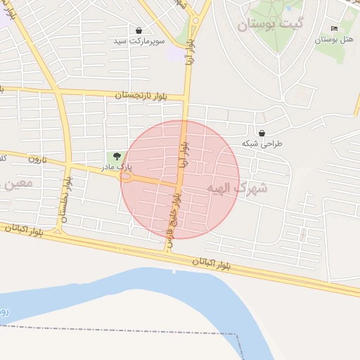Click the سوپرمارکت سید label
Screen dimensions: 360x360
(x=139, y=41)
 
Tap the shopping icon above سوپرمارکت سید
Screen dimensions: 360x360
(x=139, y=31)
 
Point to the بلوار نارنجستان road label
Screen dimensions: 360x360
(x=141, y=94)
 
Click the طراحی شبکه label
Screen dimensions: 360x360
(x=262, y=143)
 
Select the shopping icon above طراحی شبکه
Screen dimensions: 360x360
(x=262, y=132)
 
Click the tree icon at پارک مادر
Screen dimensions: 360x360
(x=116, y=156)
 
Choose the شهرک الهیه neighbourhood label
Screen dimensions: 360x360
(x=238, y=188)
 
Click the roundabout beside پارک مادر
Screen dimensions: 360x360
(x=127, y=178)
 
